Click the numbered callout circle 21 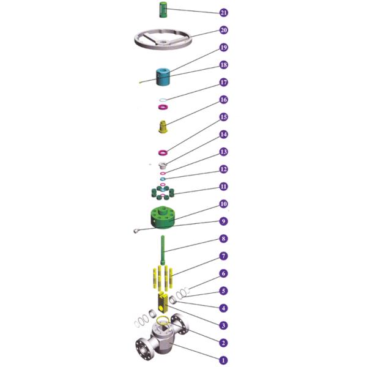click(223, 12)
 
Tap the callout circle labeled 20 click(223, 30)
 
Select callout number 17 click(223, 82)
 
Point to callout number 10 click(223, 204)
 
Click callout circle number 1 click(223, 360)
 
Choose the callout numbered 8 click(223, 239)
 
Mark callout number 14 click(223, 134)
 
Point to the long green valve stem click(163, 251)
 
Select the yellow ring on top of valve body click(163, 321)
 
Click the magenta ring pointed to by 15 click(163, 152)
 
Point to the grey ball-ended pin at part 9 click(136, 231)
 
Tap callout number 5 click(223, 291)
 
